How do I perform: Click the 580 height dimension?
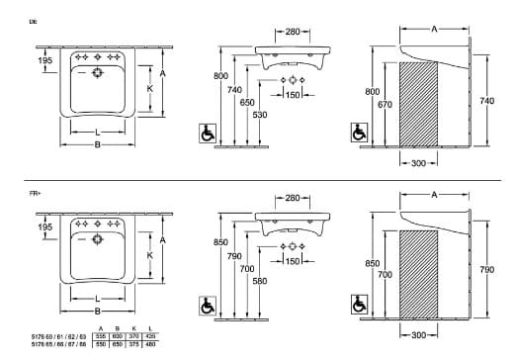(260, 282)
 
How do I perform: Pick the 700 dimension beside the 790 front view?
(246, 269)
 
